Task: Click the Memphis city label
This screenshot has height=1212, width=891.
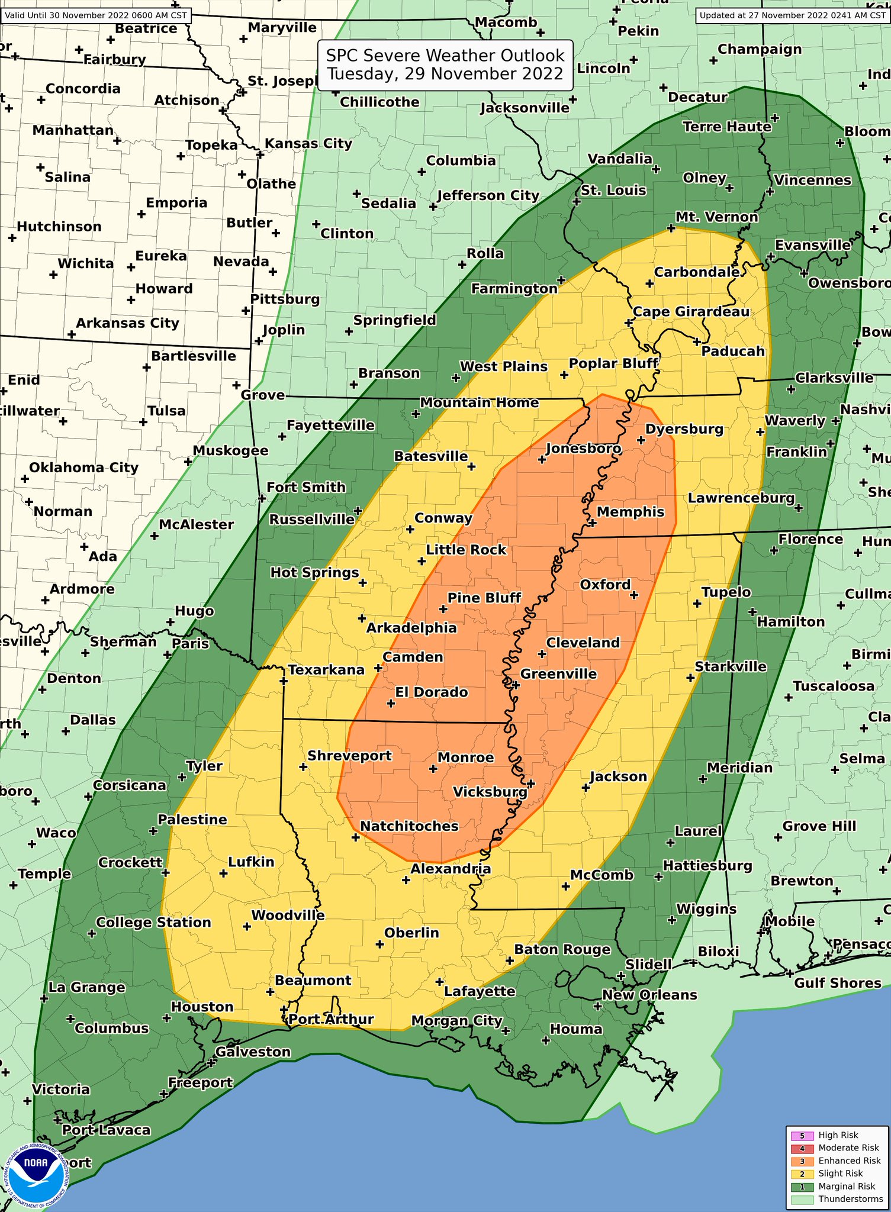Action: pyautogui.click(x=631, y=512)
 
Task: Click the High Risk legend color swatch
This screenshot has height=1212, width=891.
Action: pyautogui.click(x=802, y=1135)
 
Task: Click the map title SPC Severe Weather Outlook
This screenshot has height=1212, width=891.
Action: pyautogui.click(x=445, y=56)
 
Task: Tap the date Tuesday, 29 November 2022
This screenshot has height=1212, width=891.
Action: pyautogui.click(x=445, y=74)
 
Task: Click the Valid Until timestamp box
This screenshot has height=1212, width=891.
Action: pyautogui.click(x=96, y=15)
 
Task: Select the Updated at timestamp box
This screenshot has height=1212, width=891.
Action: pyautogui.click(x=793, y=15)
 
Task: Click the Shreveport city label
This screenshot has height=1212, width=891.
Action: pyautogui.click(x=349, y=756)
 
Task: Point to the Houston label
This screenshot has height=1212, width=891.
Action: pyautogui.click(x=202, y=1007)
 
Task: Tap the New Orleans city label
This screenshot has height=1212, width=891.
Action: pyautogui.click(x=649, y=995)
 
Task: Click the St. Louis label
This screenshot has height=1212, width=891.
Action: pyautogui.click(x=613, y=191)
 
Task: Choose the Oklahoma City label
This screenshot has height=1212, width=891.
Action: pyautogui.click(x=83, y=468)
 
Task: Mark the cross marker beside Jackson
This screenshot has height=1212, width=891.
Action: pyautogui.click(x=586, y=788)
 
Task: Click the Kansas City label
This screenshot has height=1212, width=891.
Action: pyautogui.click(x=308, y=143)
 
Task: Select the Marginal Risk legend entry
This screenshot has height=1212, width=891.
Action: pyautogui.click(x=847, y=1186)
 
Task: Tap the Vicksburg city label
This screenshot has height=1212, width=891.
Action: pyautogui.click(x=490, y=792)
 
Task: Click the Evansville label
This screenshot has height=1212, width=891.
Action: pyautogui.click(x=813, y=245)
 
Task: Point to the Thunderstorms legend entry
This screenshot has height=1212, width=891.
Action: pyautogui.click(x=850, y=1199)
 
